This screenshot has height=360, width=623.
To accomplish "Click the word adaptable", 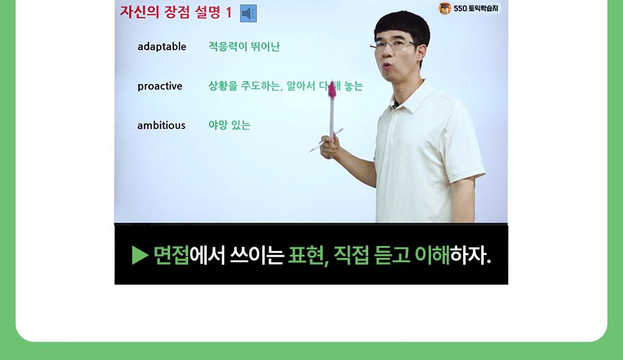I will (161, 47).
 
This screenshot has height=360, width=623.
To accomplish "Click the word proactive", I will (159, 86).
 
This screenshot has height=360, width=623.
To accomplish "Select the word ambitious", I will (161, 125).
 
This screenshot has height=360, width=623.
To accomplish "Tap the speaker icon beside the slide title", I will (248, 13).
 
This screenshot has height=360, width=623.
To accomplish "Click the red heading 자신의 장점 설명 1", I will (176, 12).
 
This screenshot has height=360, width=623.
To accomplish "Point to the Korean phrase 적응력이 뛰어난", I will (244, 47).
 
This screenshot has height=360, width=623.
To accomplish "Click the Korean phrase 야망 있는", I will (229, 125).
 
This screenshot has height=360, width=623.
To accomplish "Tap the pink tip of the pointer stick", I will (332, 90).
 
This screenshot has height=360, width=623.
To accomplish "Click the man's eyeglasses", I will (392, 45).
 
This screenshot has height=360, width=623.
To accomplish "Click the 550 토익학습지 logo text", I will (476, 9).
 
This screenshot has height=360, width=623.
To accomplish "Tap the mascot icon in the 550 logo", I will (445, 9).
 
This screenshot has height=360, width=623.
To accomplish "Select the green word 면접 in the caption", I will (171, 255).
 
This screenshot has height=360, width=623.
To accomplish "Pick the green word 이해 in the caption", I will (432, 255).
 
